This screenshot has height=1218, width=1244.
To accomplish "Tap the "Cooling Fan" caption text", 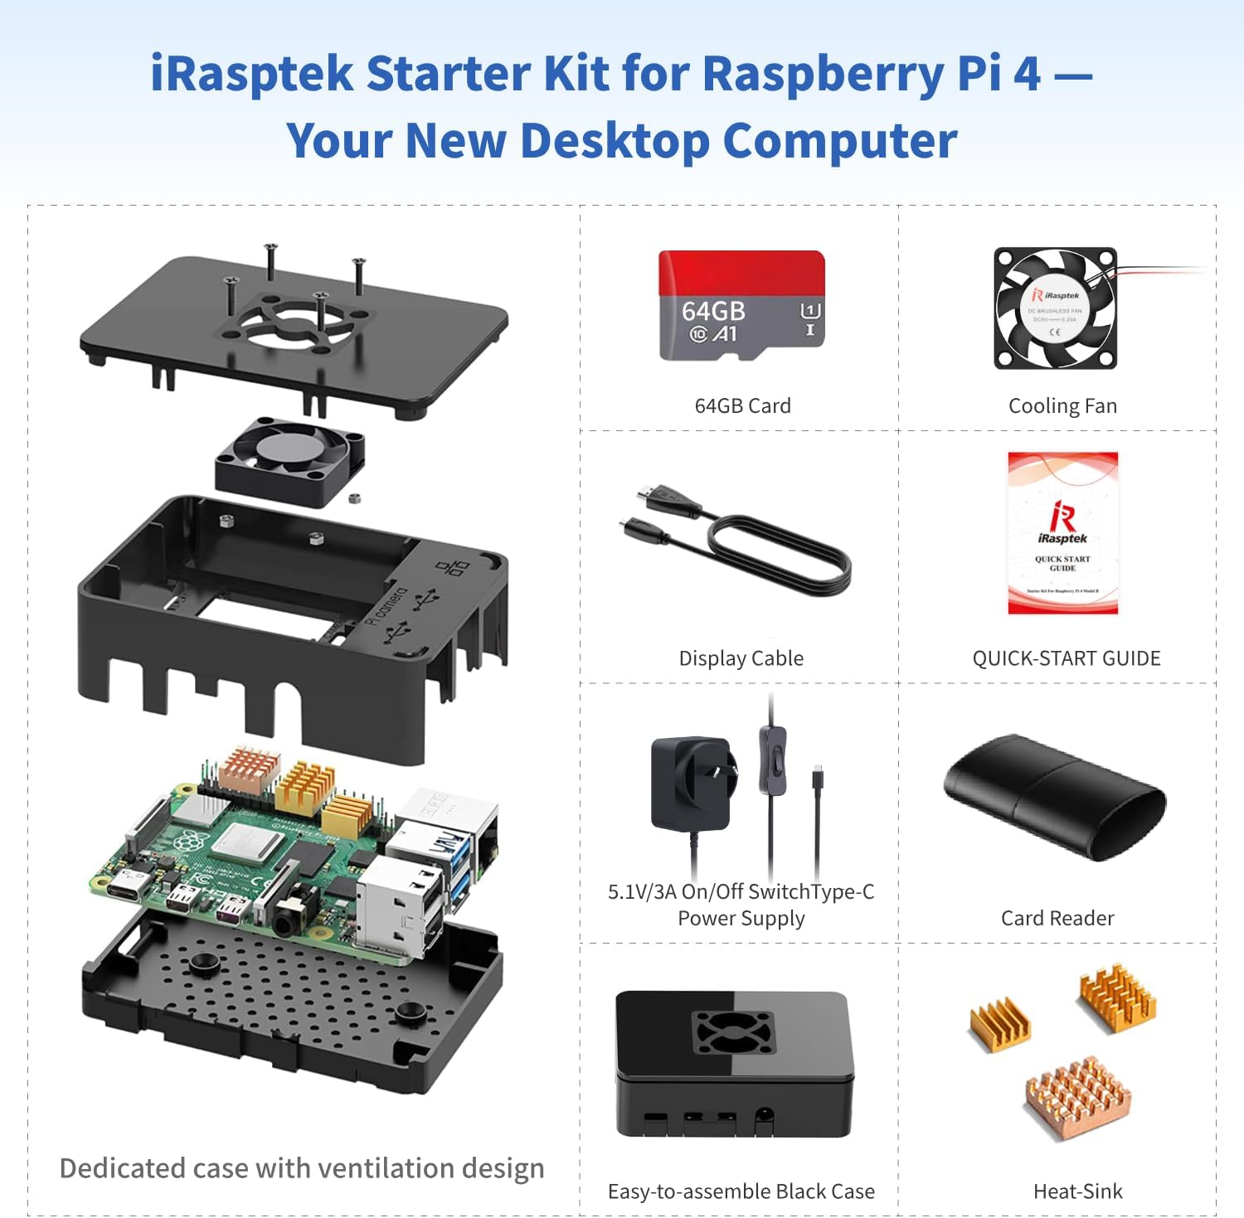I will [1062, 405].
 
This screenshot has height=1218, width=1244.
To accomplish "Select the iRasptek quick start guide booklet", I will [1062, 532].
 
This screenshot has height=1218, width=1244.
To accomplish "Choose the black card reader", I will [1054, 797].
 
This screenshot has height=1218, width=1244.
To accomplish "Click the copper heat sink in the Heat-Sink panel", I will [1077, 1094].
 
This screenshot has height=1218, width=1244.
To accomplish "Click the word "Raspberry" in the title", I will [824, 73].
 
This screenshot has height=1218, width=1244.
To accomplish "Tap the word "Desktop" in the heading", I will [615, 140].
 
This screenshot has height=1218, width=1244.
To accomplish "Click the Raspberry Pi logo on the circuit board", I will [190, 842].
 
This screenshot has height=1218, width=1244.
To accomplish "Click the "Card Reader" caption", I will [1057, 918].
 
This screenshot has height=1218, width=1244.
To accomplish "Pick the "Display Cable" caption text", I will [741, 658].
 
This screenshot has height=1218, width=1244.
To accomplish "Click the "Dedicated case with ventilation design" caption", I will [302, 1167].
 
